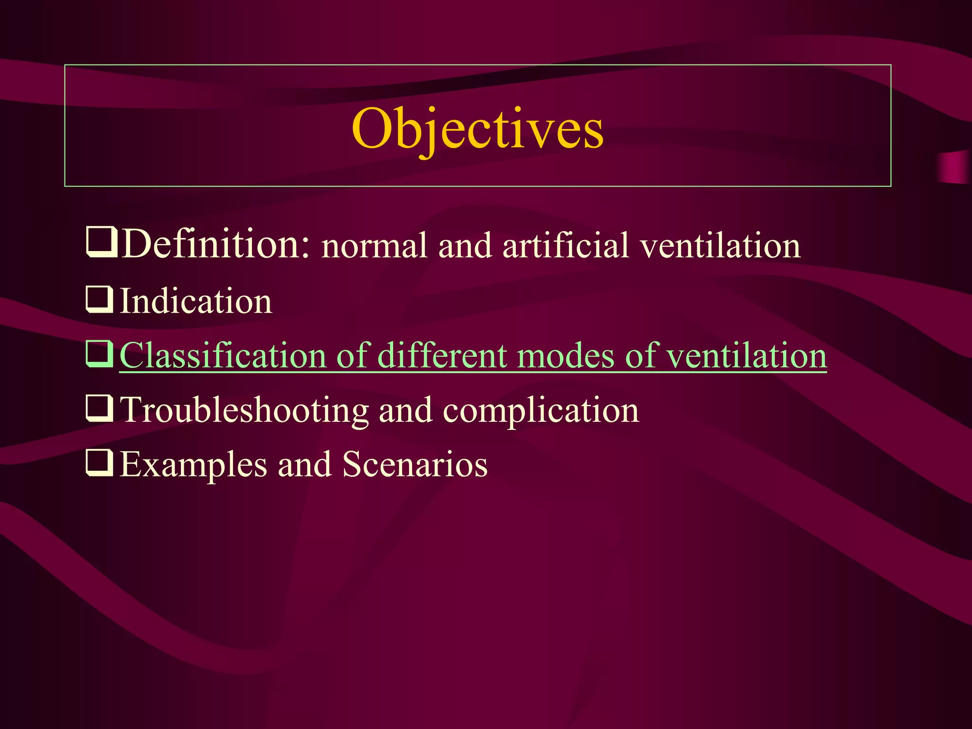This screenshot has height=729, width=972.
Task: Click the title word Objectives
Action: [x=477, y=129]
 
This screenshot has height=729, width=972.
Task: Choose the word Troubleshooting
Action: [x=244, y=410]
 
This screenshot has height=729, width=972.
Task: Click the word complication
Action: [x=541, y=411]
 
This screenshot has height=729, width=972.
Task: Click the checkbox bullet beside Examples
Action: [x=99, y=463]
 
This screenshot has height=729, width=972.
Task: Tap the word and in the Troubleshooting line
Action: [x=405, y=410]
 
